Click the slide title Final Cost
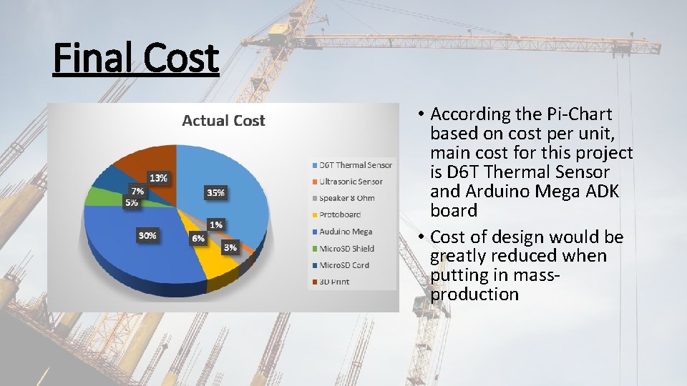(136, 59)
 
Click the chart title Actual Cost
(223, 121)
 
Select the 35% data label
(215, 192)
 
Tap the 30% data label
(148, 235)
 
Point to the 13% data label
(158, 177)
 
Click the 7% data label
(136, 191)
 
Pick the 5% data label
(132, 202)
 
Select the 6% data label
(197, 238)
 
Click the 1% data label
(215, 224)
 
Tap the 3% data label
(230, 247)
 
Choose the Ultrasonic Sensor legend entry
(351, 182)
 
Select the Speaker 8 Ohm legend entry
(346, 198)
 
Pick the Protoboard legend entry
(340, 214)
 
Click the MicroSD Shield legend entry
(346, 248)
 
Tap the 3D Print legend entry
(334, 282)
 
